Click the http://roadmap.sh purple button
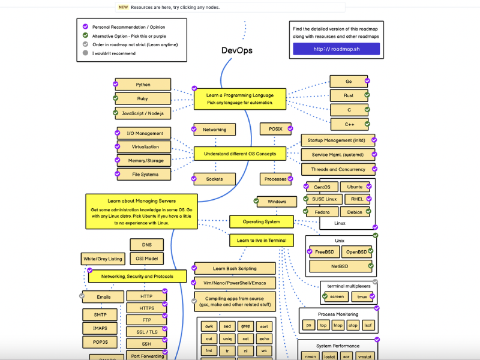coord(336,49)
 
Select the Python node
coord(143,85)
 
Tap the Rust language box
coord(349,95)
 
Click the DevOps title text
coord(237,50)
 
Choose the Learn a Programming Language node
coord(239,98)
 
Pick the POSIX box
coord(275,129)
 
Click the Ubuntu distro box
coord(359,187)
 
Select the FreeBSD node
coord(323,252)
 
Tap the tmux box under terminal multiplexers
coord(362,296)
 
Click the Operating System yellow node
coord(261,221)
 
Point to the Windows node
coord(277,202)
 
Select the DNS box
coord(147,245)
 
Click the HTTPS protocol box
coord(146,308)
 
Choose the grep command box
coord(246,326)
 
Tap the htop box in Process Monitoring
coord(338,325)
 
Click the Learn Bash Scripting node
coord(235,268)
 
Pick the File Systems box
coord(143,175)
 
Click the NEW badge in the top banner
coord(123,8)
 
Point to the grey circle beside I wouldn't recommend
coord(86,53)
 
